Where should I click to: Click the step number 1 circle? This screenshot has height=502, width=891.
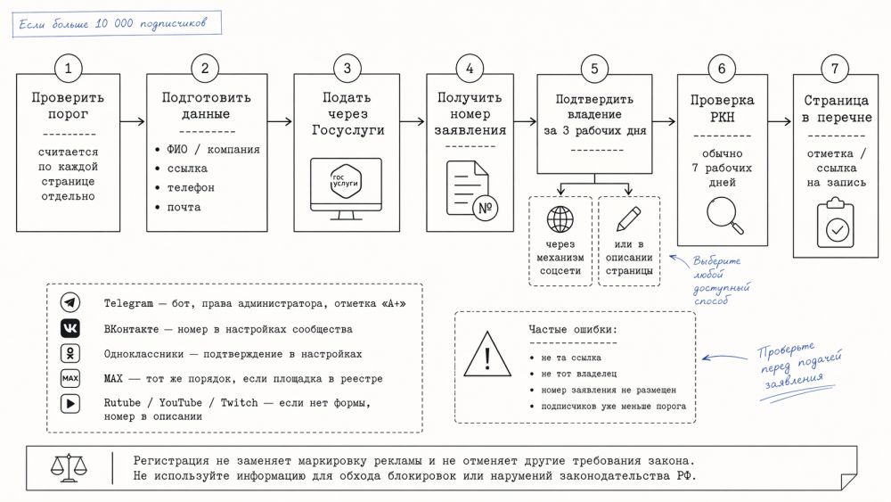click(68, 69)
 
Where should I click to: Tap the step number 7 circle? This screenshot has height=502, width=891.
click(834, 69)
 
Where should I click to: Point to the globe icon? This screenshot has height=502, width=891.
click(560, 218)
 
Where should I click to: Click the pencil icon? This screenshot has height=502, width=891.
click(628, 218)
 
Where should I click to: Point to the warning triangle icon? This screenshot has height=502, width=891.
click(487, 354)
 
